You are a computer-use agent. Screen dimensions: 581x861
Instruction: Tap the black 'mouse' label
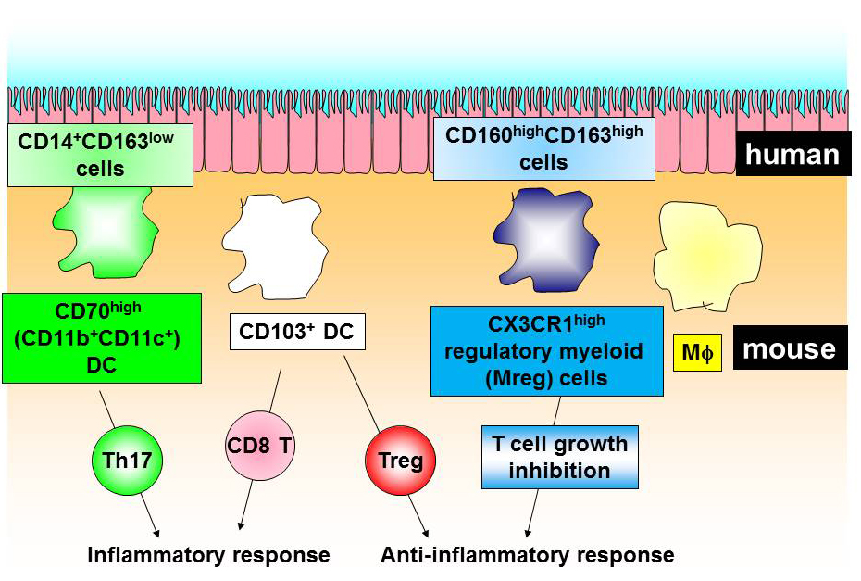point(790,348)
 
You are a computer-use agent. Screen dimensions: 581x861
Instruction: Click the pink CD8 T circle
point(259,447)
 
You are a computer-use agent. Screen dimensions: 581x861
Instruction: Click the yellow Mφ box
point(697,354)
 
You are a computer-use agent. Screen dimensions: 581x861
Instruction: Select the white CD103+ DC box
point(296,332)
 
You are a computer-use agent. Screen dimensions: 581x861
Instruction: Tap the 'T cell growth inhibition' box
point(559,457)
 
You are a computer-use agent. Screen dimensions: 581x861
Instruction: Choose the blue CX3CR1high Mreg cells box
point(547,350)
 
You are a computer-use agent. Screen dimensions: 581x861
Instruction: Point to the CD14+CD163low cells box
point(100,155)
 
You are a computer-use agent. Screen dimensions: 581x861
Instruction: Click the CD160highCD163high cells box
point(543,148)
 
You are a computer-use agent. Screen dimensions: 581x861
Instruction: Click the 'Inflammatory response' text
point(208,555)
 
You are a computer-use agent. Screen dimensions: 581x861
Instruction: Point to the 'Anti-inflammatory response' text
point(527,555)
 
